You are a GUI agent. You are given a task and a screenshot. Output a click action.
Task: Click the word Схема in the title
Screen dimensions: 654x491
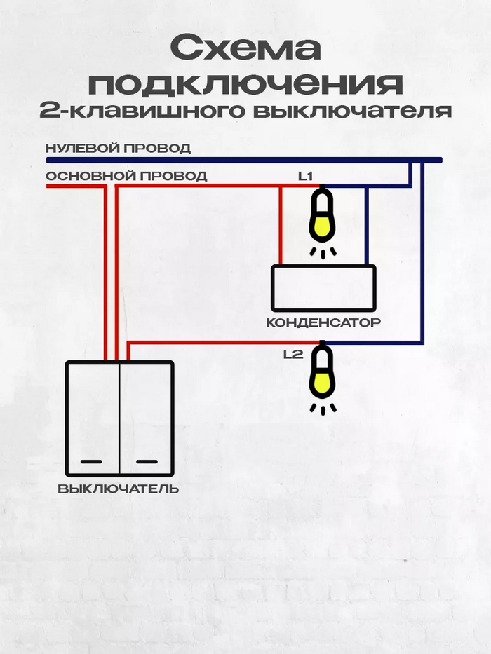point(245,50)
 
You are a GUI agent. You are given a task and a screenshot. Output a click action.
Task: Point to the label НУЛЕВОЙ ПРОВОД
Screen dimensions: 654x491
point(118,149)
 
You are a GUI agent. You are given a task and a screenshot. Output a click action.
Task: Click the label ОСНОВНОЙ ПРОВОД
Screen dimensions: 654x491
point(126,176)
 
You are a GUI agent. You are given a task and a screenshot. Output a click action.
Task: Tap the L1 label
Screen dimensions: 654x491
point(304,177)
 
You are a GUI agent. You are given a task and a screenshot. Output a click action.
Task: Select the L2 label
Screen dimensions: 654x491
point(292,355)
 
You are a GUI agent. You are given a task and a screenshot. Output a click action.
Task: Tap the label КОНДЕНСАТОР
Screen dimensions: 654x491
point(323,323)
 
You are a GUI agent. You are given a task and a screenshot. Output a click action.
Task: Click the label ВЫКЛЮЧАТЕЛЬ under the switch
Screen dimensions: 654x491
point(118,489)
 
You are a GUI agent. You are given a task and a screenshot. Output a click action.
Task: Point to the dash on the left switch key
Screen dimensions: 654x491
point(92,461)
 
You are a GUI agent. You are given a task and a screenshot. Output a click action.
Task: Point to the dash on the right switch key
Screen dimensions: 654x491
point(147,461)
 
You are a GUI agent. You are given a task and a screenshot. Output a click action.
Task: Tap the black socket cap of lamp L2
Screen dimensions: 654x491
point(322,348)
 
